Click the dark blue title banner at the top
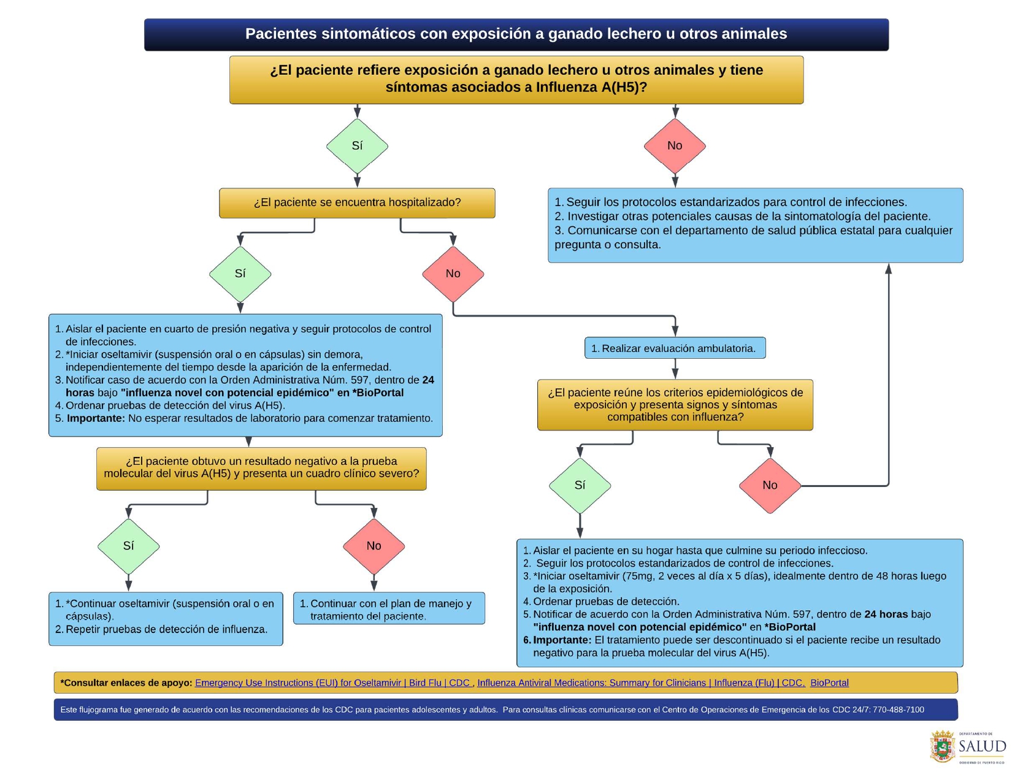(516, 34)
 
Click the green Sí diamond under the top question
(357, 146)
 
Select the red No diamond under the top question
(675, 146)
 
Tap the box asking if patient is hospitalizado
(357, 203)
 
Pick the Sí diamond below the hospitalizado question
(240, 274)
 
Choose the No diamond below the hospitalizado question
(453, 274)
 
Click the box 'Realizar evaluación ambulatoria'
(675, 348)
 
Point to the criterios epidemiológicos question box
(675, 405)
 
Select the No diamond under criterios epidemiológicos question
(770, 485)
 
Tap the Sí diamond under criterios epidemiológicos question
(580, 485)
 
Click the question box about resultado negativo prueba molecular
(261, 468)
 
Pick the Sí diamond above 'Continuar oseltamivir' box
(128, 546)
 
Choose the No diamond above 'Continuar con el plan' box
(374, 546)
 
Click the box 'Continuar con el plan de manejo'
(389, 609)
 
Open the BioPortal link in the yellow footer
(829, 683)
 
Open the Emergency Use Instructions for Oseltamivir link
(333, 683)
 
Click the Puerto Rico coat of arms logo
(942, 746)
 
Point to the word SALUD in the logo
(983, 746)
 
